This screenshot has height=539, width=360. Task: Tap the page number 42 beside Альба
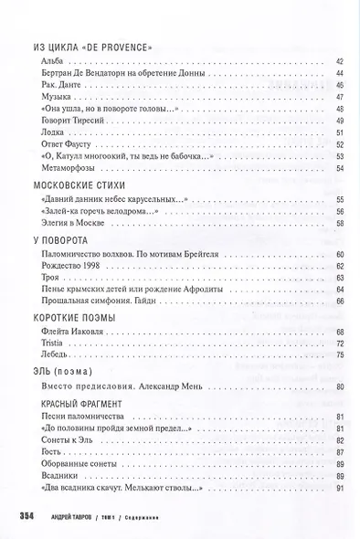click(341, 60)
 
